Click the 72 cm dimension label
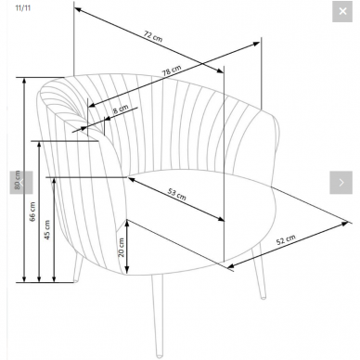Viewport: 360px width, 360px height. [153, 36]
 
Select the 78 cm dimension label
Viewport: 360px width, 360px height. [172, 71]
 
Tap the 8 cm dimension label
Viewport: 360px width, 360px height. [120, 109]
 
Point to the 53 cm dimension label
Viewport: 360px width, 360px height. [176, 194]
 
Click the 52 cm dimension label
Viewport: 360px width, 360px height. [286, 239]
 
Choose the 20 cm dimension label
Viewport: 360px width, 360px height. [122, 248]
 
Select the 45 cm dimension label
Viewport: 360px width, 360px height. [47, 230]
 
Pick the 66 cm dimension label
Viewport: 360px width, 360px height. [32, 212]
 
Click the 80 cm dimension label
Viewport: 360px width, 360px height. [18, 180]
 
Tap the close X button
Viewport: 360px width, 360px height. [342, 11]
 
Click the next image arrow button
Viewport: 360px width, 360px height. [341, 183]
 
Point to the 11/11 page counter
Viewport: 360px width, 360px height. [23, 7]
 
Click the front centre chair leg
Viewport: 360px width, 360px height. [158, 315]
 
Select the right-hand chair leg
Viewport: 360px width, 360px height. [259, 272]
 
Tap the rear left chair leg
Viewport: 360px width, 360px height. [79, 268]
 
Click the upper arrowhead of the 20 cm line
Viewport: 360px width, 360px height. [126, 223]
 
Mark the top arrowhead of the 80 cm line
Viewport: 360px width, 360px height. [25, 82]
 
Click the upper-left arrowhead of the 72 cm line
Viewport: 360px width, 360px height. [79, 10]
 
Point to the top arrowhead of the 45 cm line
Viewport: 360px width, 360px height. [54, 182]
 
